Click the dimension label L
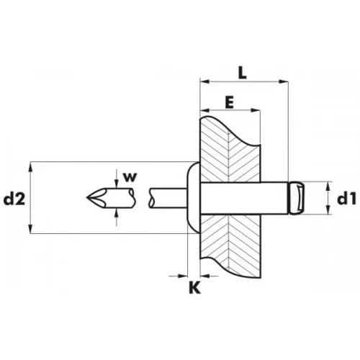click(x=243, y=73)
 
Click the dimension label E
click(x=230, y=103)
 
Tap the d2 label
click(x=14, y=199)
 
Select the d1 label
click(x=347, y=199)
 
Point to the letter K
click(x=194, y=287)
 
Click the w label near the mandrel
click(x=130, y=177)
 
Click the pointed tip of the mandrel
click(x=87, y=198)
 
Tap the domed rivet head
click(x=194, y=197)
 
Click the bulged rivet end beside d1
click(x=297, y=198)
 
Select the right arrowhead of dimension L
click(x=283, y=81)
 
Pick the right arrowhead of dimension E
click(x=256, y=110)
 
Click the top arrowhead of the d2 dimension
click(x=30, y=167)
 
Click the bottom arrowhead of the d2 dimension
click(x=30, y=228)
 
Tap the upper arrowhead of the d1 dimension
click(x=328, y=186)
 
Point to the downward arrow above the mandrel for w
click(x=117, y=182)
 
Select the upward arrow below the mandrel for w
click(x=117, y=215)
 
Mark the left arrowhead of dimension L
click(x=204, y=81)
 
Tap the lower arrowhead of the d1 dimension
click(x=328, y=210)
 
